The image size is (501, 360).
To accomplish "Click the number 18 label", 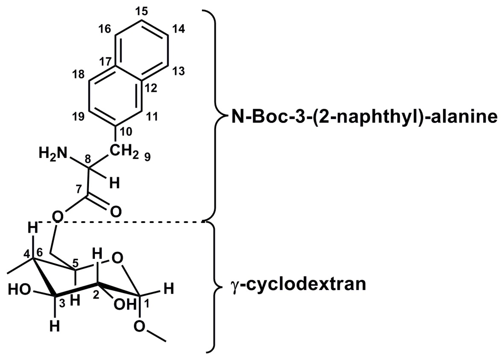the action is [x=78, y=74].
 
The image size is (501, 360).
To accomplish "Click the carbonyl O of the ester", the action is [x=116, y=212].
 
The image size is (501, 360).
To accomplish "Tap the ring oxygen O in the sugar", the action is [x=117, y=258].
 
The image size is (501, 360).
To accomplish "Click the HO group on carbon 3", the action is [x=19, y=290].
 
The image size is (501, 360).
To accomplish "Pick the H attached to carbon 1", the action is [x=168, y=289].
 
